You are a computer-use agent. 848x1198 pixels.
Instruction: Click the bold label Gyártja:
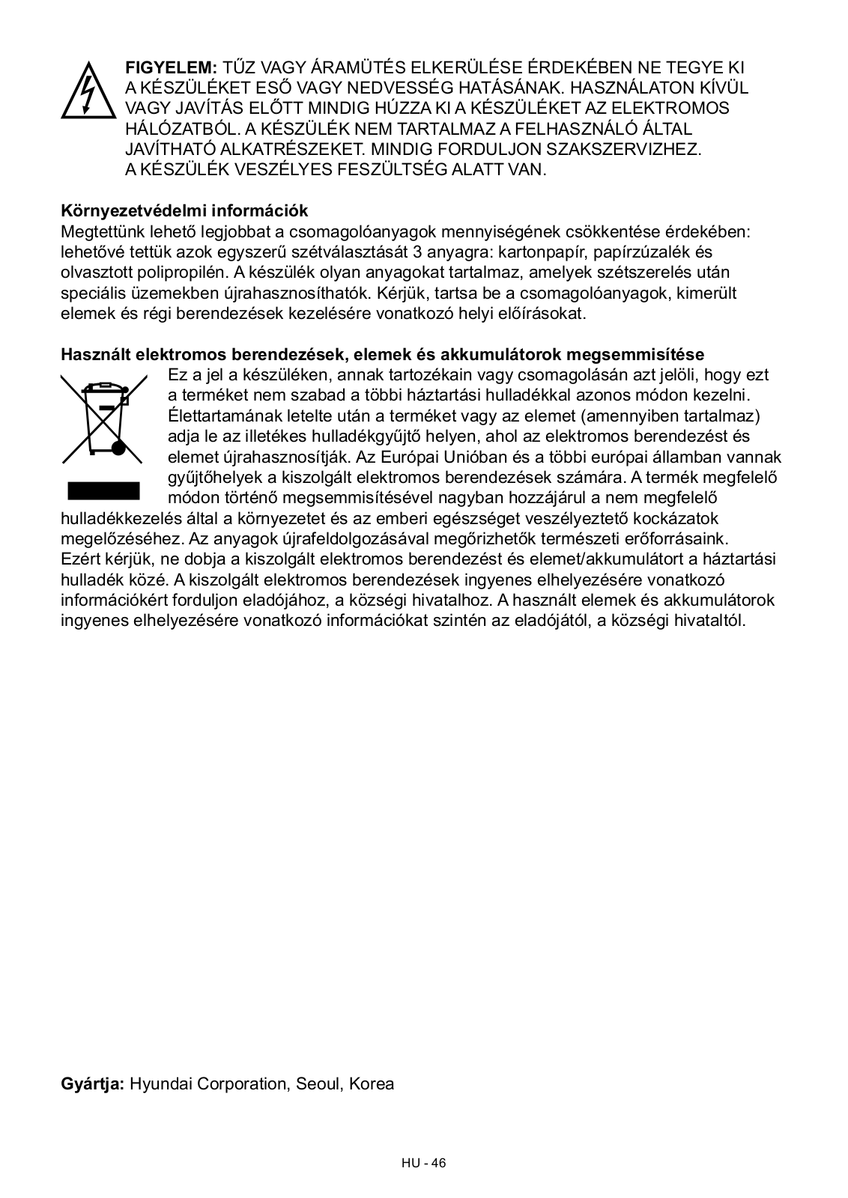click(92, 1083)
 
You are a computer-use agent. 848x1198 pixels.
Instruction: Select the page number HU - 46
click(424, 1163)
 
